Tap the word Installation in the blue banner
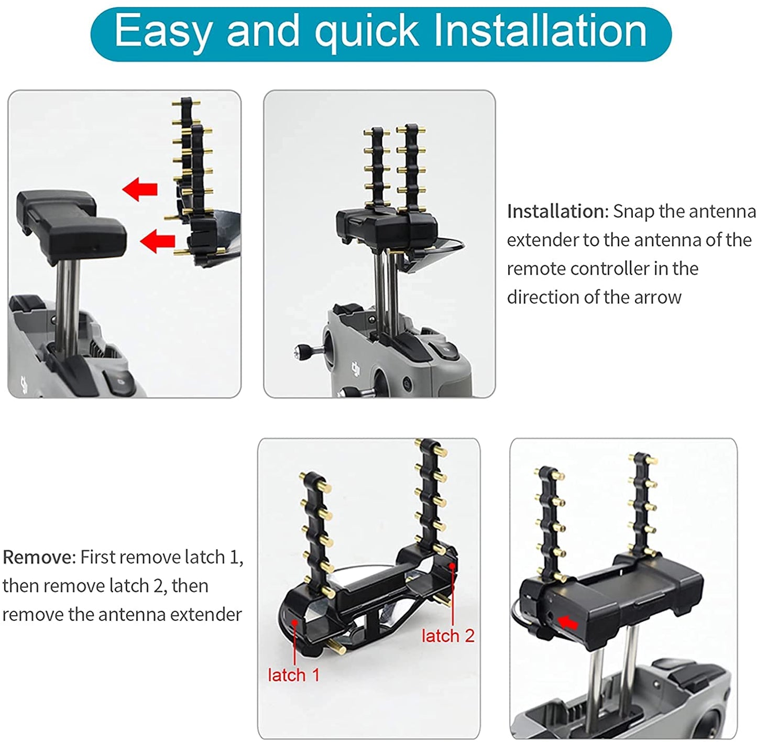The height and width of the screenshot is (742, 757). click(541, 30)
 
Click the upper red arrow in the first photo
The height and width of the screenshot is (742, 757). click(140, 189)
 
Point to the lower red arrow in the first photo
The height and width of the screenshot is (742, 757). click(157, 241)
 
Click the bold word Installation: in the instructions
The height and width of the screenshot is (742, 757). click(558, 212)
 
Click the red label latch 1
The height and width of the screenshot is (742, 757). click(293, 675)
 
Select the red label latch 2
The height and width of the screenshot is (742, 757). click(448, 636)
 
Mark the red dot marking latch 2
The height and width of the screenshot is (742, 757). click(453, 566)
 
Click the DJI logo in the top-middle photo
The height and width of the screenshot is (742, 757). click(356, 369)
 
